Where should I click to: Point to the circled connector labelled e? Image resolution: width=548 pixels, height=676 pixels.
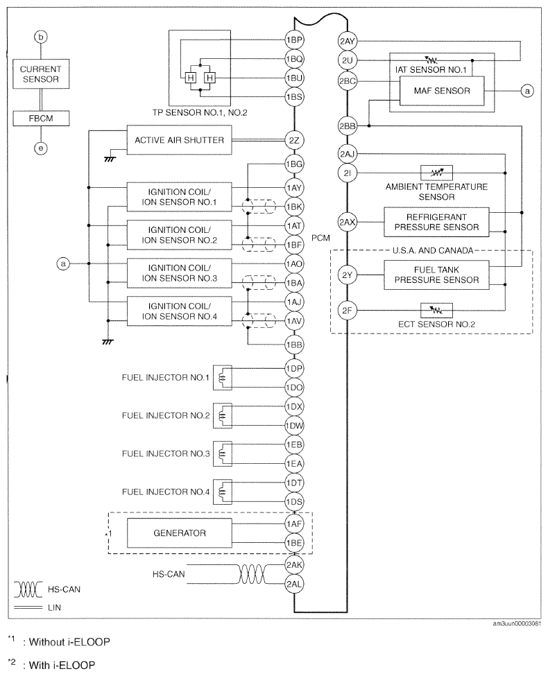click(42, 147)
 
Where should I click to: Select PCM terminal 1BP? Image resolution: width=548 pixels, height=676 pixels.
click(294, 40)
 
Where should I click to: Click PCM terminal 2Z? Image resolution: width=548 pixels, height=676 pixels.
click(294, 141)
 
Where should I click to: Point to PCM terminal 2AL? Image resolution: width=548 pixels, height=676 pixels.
click(294, 584)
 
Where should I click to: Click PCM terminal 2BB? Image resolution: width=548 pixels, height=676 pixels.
click(347, 126)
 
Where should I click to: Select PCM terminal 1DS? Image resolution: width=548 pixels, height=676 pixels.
click(294, 502)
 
